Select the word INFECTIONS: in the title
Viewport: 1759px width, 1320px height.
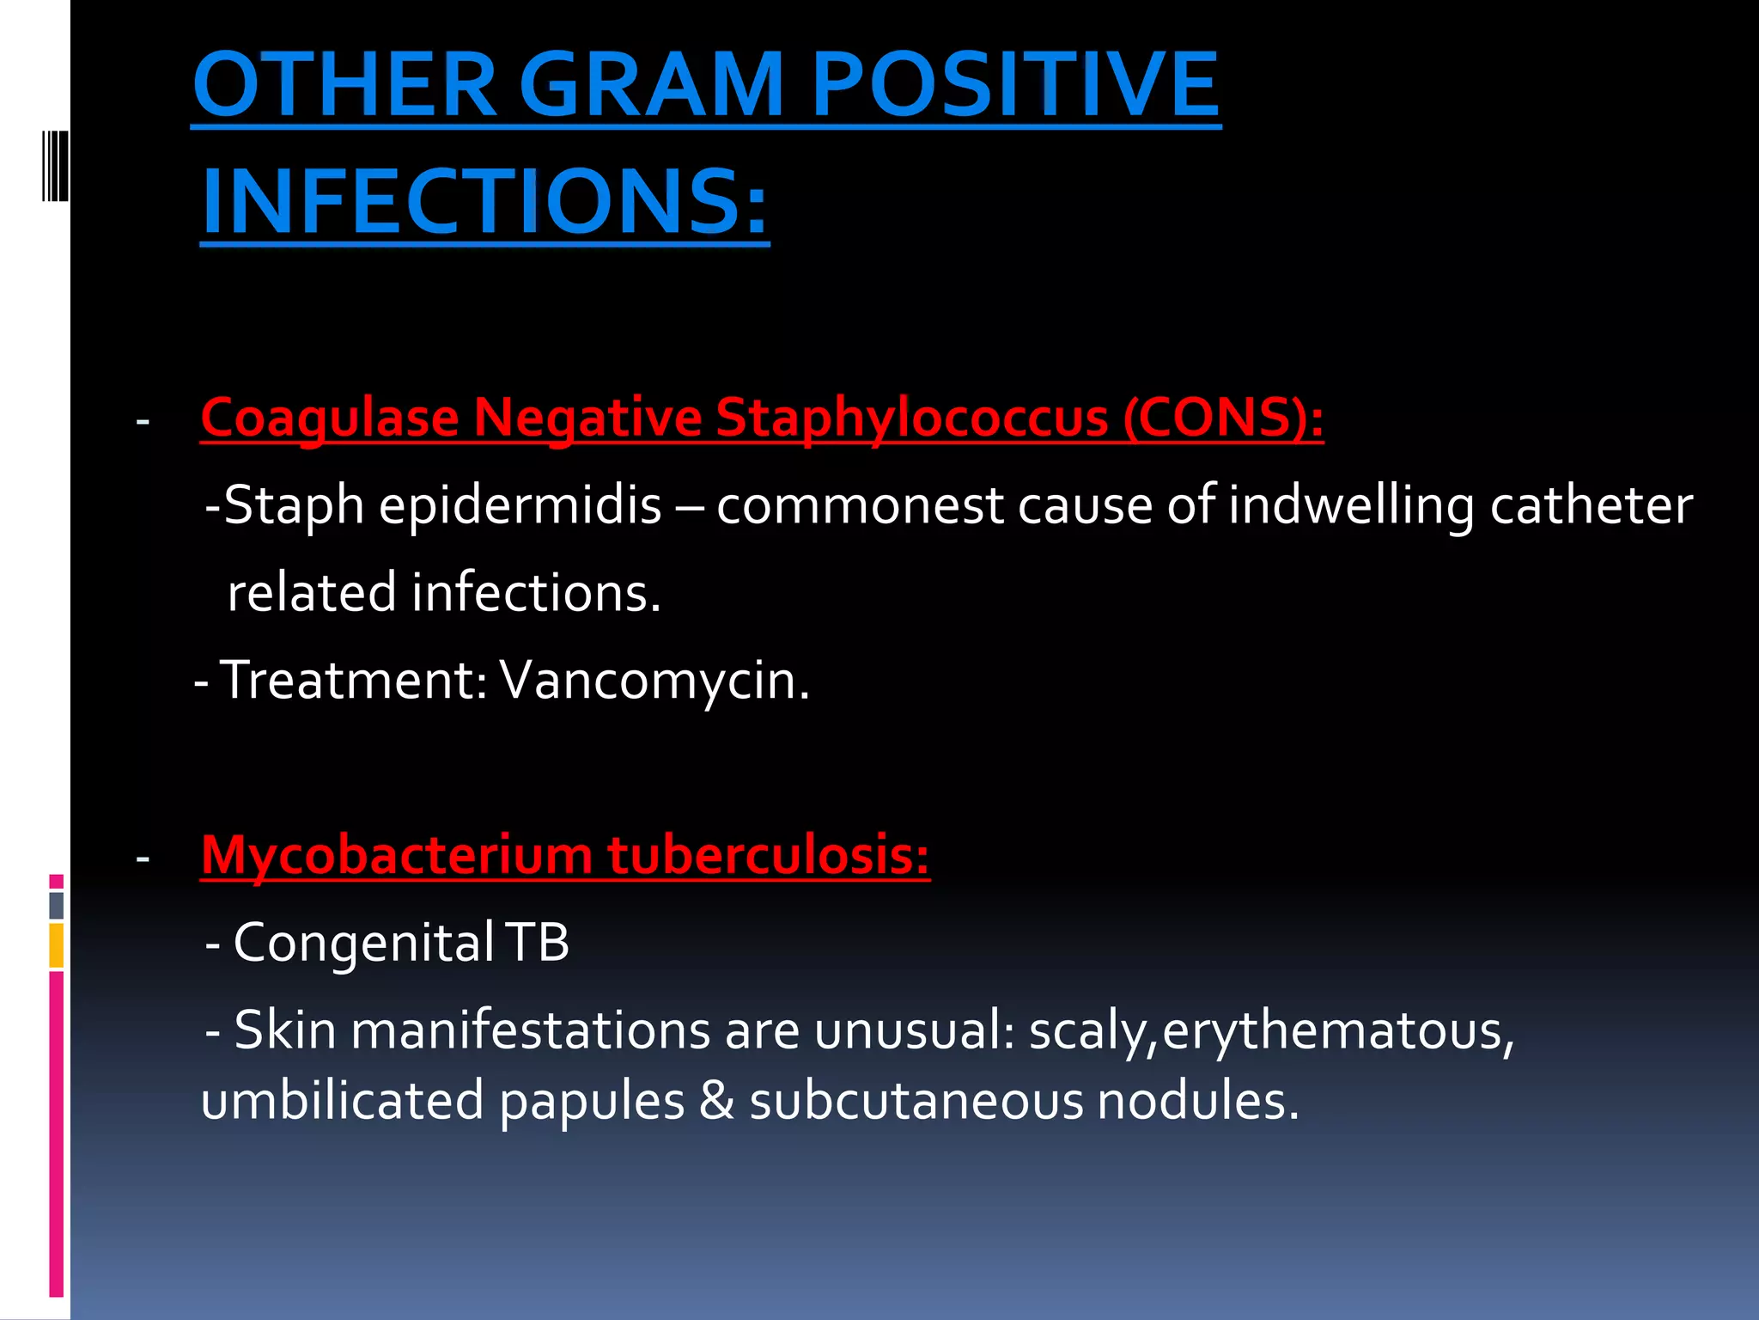coord(484,202)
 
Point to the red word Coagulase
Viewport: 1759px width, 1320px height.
coord(330,419)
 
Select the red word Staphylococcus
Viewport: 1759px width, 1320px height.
coord(911,419)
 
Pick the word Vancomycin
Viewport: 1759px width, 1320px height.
coord(654,681)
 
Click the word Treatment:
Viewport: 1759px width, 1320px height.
coord(355,681)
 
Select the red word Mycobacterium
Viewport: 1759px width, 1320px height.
coord(397,856)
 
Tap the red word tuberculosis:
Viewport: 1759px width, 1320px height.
coord(768,856)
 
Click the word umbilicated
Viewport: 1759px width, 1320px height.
coord(342,1101)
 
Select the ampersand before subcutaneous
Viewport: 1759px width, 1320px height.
coord(717,1101)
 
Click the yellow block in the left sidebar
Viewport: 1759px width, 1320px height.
coord(57,945)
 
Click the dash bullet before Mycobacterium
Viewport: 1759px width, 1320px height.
coord(143,858)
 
